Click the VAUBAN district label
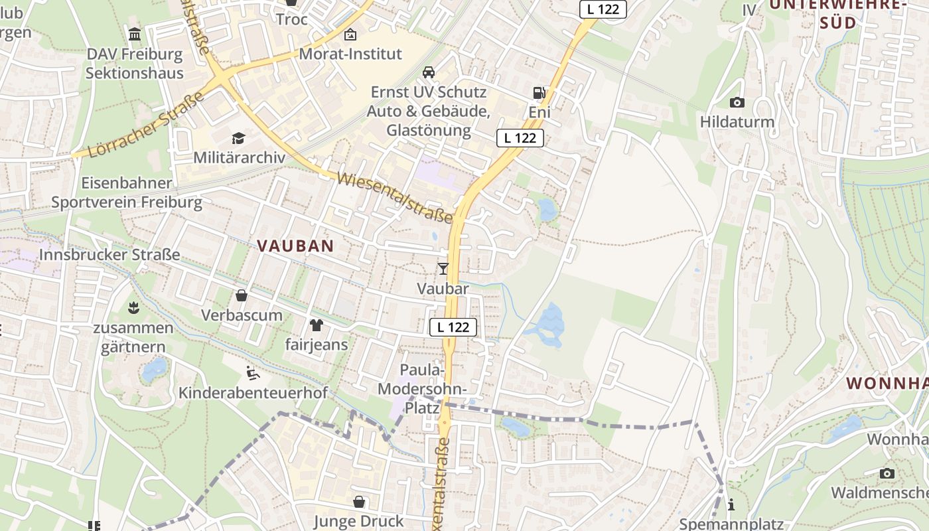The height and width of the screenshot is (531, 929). click(295, 246)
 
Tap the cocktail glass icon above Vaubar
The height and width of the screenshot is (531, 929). click(443, 268)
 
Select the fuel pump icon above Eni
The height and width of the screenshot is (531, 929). click(539, 93)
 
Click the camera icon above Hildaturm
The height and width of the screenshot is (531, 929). click(737, 102)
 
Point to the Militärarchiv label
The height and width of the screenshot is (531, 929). click(239, 157)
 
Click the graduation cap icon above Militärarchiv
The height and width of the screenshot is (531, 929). click(238, 138)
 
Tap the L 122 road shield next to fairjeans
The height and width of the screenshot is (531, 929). click(453, 327)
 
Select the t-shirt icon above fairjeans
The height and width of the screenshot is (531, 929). click(317, 325)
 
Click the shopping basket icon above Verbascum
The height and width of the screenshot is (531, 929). click(242, 295)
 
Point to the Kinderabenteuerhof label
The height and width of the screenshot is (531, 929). click(253, 393)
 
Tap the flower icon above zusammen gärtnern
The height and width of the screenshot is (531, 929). click(133, 307)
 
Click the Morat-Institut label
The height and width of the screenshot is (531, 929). click(350, 54)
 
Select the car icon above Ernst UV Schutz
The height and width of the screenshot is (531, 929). click(429, 72)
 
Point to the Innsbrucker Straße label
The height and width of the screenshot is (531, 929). click(109, 254)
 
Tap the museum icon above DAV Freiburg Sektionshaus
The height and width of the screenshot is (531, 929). click(135, 34)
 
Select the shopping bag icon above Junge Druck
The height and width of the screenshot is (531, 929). click(359, 502)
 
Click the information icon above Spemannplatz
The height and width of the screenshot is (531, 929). click(731, 505)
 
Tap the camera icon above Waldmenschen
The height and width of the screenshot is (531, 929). click(887, 473)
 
